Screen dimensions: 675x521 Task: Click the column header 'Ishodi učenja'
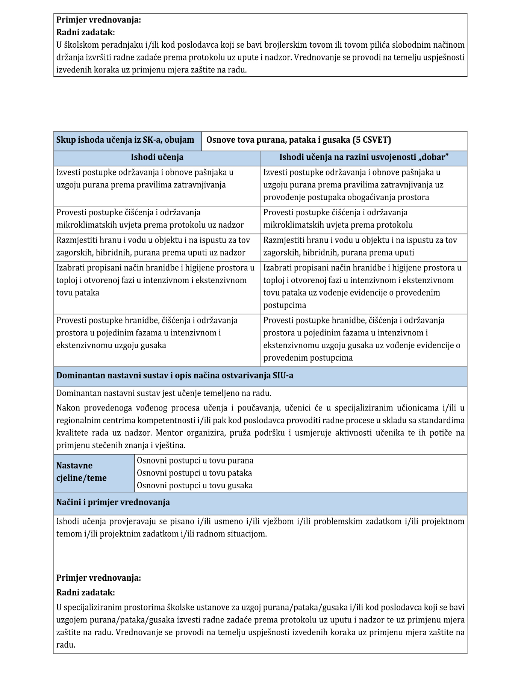tap(157, 157)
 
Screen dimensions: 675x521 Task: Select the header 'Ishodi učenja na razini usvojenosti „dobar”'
tap(363, 157)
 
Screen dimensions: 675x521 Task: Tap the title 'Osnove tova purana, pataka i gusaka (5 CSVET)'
tap(298, 140)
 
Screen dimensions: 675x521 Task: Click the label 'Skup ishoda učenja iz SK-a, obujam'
tap(125, 140)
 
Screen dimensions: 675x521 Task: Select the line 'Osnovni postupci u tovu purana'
tap(195, 461)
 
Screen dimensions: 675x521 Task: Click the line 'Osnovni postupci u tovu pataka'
tap(194, 473)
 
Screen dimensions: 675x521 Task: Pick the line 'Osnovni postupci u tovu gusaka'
tap(195, 485)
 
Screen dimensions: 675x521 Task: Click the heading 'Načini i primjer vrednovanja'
tap(113, 503)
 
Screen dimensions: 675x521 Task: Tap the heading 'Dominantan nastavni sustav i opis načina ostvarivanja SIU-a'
tap(175, 376)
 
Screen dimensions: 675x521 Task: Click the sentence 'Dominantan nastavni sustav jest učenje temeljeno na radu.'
tap(164, 393)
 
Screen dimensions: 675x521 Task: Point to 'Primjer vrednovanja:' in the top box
tap(98, 20)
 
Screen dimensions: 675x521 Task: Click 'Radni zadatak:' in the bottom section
tap(85, 592)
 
